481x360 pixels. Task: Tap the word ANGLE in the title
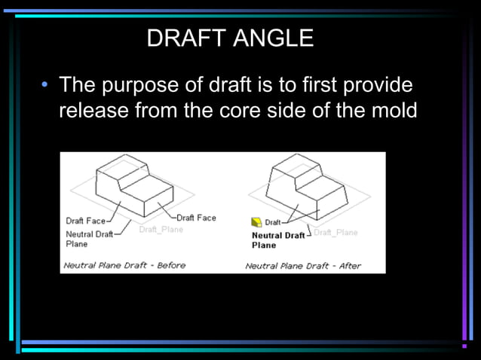coord(273,38)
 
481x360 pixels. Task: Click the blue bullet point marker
coord(46,85)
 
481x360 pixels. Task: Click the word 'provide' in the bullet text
coord(380,85)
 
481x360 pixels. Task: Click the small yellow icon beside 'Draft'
coord(256,222)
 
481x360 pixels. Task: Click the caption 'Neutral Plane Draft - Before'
coord(124,265)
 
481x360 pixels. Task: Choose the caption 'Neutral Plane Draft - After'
coord(303,265)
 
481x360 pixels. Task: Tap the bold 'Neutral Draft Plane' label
coord(277,239)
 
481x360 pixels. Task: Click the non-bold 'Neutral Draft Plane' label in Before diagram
coord(89,239)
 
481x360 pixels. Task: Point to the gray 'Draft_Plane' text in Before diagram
coord(161,229)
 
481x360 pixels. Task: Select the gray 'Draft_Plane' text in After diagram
coord(335,233)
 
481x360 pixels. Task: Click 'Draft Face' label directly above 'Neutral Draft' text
coord(85,221)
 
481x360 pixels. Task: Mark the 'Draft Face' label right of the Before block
coord(196,218)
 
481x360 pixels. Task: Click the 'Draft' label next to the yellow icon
coord(272,222)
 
